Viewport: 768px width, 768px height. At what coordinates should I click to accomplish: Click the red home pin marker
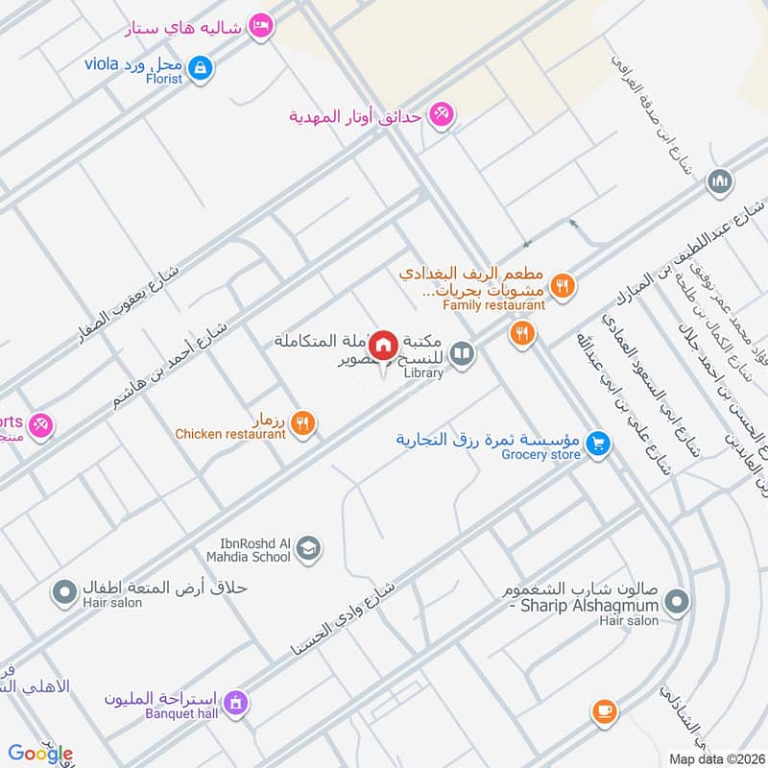[384, 345]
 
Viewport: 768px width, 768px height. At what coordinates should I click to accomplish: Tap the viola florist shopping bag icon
[201, 67]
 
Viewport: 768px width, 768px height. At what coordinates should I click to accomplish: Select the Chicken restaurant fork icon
[302, 421]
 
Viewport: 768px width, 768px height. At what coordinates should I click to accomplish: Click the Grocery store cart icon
[598, 444]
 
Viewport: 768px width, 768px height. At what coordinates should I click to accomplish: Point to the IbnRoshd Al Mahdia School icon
[308, 548]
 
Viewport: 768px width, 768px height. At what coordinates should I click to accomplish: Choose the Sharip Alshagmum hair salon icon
[678, 602]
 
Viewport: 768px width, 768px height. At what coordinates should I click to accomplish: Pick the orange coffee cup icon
[602, 710]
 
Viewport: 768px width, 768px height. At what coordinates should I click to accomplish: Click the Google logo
[40, 753]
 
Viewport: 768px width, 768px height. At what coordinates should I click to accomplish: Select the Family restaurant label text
[493, 305]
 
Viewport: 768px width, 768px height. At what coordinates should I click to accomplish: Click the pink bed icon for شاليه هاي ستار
[258, 26]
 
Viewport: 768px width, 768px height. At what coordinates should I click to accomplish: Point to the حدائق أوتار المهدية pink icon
[441, 114]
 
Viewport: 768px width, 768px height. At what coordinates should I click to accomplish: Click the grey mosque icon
[719, 180]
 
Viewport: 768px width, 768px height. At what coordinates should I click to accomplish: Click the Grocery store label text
[540, 455]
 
